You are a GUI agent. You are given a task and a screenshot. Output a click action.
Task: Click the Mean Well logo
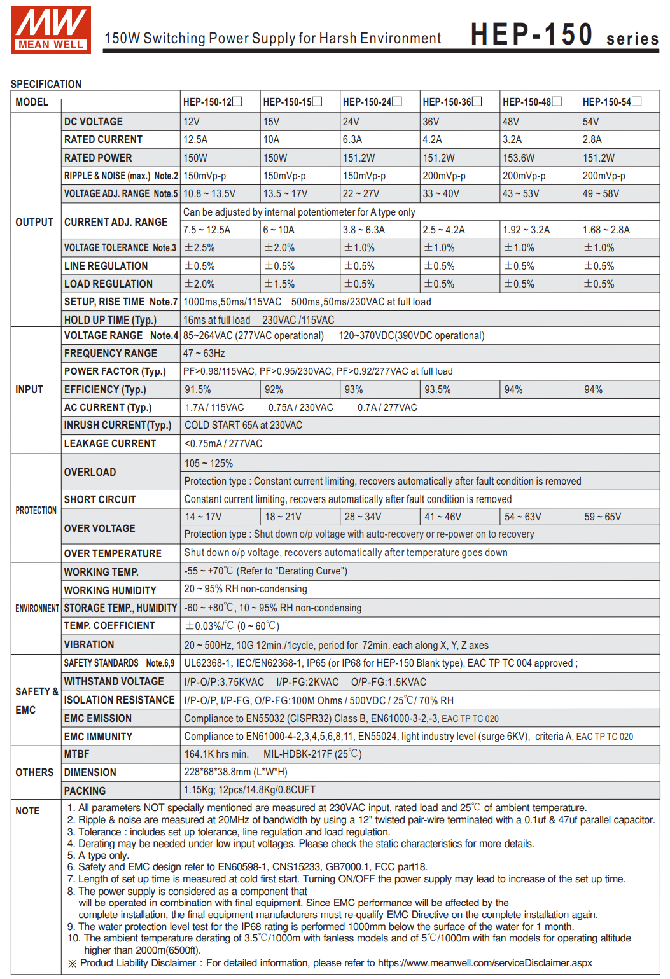pyautogui.click(x=51, y=30)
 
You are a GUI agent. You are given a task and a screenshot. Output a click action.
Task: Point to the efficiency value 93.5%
pyautogui.click(x=437, y=389)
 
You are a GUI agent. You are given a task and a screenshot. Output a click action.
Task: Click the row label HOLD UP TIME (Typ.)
pyautogui.click(x=110, y=320)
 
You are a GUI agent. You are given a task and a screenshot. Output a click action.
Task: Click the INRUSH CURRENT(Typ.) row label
pyautogui.click(x=117, y=425)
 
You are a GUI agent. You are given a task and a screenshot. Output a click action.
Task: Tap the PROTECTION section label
pyautogui.click(x=36, y=510)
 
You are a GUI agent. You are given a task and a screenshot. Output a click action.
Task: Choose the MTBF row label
pyautogui.click(x=77, y=754)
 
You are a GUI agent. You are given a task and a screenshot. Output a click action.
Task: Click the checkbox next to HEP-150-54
pyautogui.click(x=637, y=101)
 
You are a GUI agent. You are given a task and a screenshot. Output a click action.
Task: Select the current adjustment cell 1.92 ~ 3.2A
pyautogui.click(x=526, y=230)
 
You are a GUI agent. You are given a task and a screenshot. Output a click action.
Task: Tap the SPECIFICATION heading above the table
pyautogui.click(x=46, y=84)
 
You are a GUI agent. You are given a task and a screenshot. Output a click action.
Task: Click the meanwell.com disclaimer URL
pyautogui.click(x=485, y=962)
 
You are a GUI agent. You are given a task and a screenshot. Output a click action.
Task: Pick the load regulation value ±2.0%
pyautogui.click(x=200, y=284)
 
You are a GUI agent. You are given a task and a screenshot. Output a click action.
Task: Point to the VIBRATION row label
pyautogui.click(x=89, y=644)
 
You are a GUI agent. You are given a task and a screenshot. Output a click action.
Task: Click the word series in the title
pyautogui.click(x=632, y=39)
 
